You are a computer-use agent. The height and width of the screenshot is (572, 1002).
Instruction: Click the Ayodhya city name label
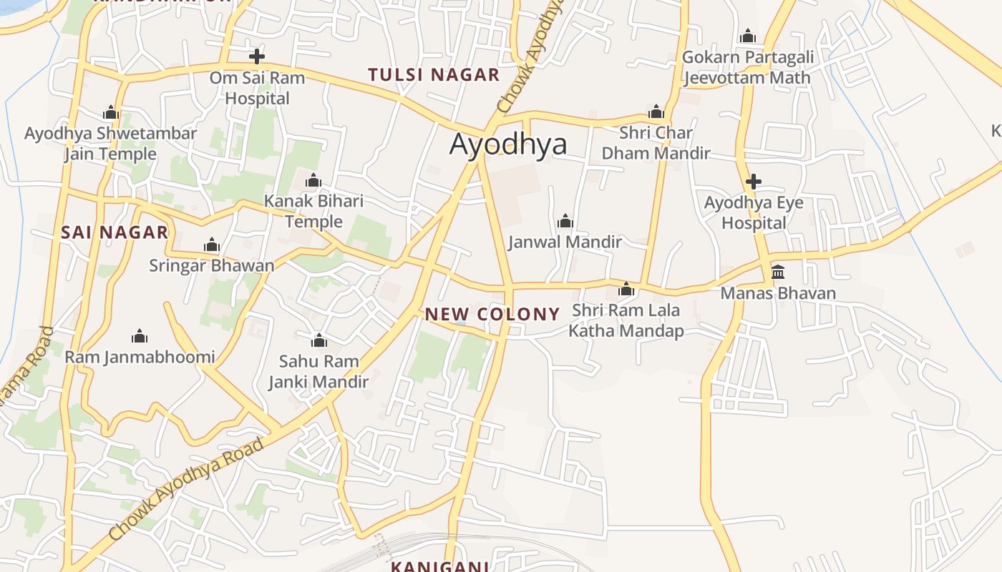[508, 144]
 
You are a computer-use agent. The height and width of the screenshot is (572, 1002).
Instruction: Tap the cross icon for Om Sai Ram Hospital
[257, 56]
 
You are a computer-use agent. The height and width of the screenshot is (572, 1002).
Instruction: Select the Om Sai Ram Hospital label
[257, 88]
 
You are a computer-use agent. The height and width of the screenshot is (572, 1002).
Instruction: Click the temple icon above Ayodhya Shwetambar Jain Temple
[110, 112]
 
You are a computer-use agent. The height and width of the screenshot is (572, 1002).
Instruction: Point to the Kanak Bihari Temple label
[313, 212]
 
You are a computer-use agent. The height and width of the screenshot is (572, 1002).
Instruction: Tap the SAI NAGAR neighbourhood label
[115, 232]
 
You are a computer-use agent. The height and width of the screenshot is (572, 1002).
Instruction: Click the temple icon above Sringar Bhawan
[211, 245]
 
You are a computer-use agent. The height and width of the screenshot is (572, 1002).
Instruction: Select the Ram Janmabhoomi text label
[140, 357]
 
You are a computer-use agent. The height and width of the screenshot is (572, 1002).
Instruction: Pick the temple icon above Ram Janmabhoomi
[140, 336]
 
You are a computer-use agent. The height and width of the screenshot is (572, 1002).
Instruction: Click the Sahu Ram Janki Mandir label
[318, 372]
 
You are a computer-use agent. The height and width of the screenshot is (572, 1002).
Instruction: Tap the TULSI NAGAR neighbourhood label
[434, 75]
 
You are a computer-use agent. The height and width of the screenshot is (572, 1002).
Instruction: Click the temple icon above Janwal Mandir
[565, 220]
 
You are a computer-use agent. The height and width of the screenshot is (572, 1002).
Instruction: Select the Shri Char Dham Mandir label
[656, 143]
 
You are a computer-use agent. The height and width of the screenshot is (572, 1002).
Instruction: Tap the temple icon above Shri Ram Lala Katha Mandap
[626, 289]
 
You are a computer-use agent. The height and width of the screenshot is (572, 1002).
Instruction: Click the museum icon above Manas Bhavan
[778, 272]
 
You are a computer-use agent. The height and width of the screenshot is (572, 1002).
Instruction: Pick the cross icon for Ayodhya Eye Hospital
[753, 182]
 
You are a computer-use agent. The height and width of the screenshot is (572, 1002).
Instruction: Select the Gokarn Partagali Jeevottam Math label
[748, 67]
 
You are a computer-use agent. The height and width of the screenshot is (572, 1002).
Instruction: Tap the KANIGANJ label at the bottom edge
[440, 566]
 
